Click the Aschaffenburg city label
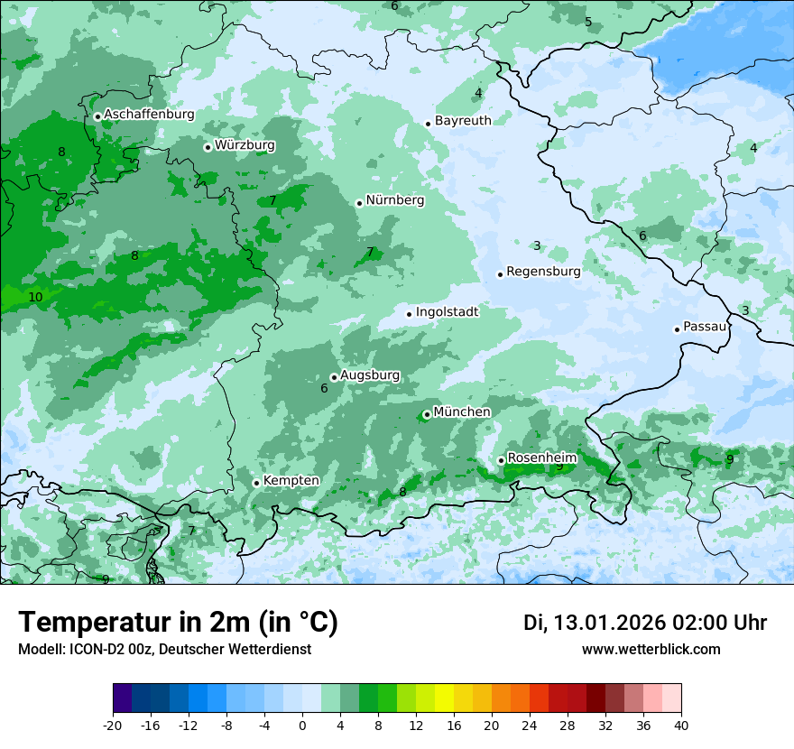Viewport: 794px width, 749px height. [x=149, y=115]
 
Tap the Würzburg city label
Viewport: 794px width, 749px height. [x=245, y=145]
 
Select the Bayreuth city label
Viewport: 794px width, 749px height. [x=463, y=121]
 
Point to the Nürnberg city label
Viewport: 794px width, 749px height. [x=394, y=200]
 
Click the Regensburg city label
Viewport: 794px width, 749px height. [x=543, y=272]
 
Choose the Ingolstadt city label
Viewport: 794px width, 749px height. [x=447, y=312]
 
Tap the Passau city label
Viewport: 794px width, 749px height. [x=705, y=327]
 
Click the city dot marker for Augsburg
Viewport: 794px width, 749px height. [x=334, y=377]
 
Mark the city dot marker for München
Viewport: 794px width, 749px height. [x=427, y=415]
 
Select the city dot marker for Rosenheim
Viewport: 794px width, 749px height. [x=501, y=460]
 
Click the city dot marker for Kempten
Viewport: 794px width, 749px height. [x=256, y=483]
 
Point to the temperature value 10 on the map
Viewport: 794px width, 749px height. [x=35, y=297]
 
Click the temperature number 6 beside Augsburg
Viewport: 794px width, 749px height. [x=324, y=389]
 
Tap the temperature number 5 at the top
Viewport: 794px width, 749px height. [x=588, y=23]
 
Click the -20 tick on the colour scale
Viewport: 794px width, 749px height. [x=113, y=725]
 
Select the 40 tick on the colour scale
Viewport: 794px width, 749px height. [x=681, y=725]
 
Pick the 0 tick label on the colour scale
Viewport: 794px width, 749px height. [x=302, y=725]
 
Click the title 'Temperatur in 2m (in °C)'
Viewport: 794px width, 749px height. [x=178, y=623]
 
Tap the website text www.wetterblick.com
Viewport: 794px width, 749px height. [x=651, y=650]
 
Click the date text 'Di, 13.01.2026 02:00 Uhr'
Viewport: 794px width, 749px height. [x=645, y=623]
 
